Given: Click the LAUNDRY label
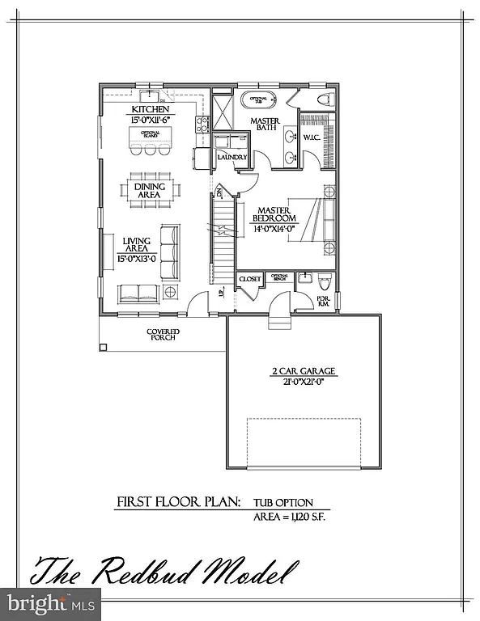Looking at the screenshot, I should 231,157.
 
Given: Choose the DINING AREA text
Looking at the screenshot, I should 149,191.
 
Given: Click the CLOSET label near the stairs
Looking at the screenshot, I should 249,279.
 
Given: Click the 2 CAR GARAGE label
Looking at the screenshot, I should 303,372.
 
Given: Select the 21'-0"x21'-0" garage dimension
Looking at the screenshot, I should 303,384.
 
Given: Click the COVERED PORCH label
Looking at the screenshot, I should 163,335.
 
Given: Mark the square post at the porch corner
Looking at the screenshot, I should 103,348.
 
